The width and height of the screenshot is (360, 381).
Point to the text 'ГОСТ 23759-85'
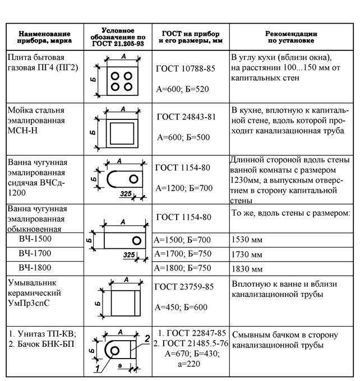pyautogui.click(x=185, y=287)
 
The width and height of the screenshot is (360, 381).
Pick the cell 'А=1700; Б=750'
pyautogui.click(x=186, y=254)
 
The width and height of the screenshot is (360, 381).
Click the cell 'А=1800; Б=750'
pyautogui.click(x=186, y=268)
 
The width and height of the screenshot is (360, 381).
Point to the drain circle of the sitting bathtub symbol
pyautogui.click(x=133, y=178)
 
